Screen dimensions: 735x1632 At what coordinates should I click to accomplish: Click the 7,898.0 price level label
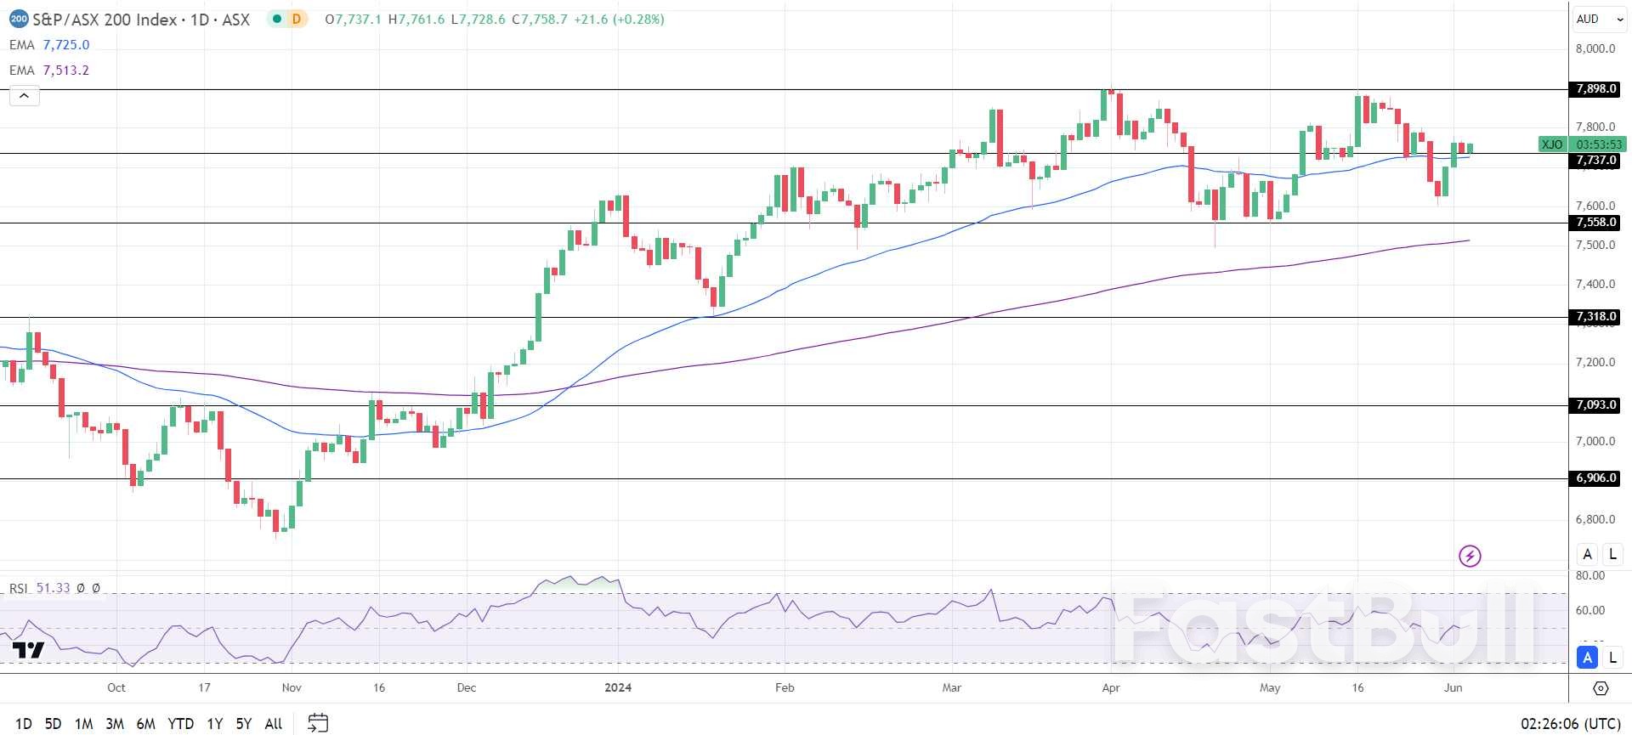[x=1595, y=89]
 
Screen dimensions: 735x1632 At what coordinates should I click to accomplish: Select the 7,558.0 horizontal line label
[x=1595, y=223]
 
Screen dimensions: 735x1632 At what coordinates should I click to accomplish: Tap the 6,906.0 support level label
[x=1595, y=478]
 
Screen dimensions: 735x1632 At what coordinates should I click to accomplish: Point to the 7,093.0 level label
[x=1595, y=405]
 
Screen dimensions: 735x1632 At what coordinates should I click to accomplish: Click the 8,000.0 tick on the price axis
[x=1595, y=48]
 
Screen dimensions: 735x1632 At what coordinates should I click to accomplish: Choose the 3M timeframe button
[x=115, y=724]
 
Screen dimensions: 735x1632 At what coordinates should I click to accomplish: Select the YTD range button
[x=180, y=724]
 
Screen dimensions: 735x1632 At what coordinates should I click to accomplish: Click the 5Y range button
[x=244, y=724]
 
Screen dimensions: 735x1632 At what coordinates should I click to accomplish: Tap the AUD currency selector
[x=1587, y=19]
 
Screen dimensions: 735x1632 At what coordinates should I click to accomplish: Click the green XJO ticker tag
[x=1552, y=144]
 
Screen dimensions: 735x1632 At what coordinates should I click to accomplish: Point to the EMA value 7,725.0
[x=66, y=45]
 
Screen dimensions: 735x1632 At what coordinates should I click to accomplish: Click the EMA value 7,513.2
[x=66, y=71]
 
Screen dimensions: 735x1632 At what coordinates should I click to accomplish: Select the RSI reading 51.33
[x=54, y=588]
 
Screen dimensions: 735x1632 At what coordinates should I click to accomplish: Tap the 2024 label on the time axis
[x=618, y=687]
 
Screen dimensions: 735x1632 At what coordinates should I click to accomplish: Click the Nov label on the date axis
[x=292, y=687]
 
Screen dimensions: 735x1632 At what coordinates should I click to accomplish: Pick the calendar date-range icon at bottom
[x=318, y=723]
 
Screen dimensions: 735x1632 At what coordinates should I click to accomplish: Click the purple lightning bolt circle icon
[x=1470, y=556]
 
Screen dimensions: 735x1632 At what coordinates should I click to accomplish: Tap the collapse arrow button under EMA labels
[x=24, y=96]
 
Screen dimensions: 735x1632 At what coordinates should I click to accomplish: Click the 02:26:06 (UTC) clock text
[x=1570, y=724]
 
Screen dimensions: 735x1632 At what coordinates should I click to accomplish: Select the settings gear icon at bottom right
[x=1601, y=688]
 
